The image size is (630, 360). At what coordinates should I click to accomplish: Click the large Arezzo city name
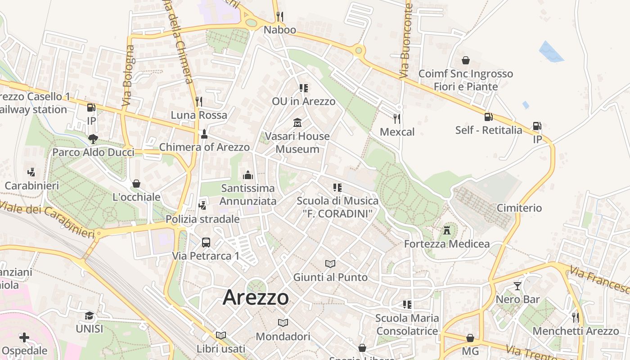point(256,297)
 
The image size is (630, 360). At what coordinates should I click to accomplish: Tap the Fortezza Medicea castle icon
point(446,230)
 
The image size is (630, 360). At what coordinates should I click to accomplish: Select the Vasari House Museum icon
point(297,122)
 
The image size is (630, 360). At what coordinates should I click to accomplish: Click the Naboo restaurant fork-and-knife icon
point(280,17)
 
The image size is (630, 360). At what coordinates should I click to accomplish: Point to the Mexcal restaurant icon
point(396,118)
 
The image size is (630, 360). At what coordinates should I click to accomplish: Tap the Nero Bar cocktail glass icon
point(517,286)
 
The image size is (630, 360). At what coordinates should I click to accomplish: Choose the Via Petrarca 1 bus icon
point(206,243)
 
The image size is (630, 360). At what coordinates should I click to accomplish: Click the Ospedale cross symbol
point(24,337)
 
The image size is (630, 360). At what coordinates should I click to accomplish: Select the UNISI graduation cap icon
point(89,315)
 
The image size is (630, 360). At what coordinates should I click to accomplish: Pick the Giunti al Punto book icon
point(330,264)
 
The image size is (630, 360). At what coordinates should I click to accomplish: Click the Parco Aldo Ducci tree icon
point(93,139)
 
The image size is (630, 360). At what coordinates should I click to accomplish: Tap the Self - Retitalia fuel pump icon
point(488,117)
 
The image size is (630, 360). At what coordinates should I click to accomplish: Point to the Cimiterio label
point(519,208)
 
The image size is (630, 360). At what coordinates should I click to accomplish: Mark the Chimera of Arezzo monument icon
point(204,134)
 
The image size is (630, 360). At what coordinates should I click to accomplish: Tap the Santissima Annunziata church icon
point(247,175)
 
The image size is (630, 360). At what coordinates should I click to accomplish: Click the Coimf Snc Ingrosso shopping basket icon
point(465,60)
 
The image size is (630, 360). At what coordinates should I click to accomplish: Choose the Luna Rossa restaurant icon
point(199,101)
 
